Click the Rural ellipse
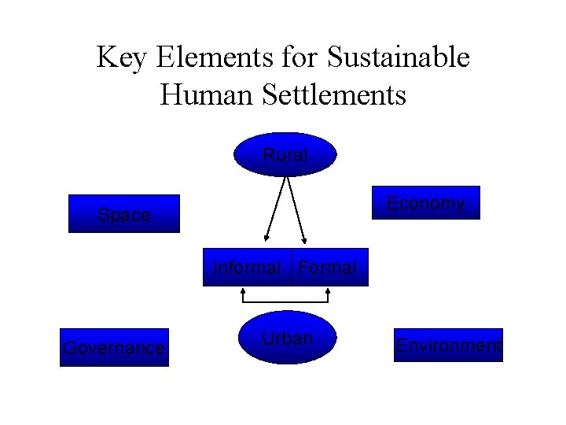coord(285,154)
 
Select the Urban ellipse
coord(287,339)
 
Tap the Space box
coord(124,214)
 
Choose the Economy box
coord(425,203)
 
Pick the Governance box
coord(114,347)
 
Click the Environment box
coord(449,345)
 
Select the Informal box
coord(247,268)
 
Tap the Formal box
coord(329,268)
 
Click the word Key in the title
coord(123,57)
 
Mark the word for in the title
coord(296,57)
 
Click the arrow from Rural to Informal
coord(275,208)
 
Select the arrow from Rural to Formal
coord(296,208)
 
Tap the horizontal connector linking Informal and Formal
coord(285,304)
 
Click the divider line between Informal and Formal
coord(291,268)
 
